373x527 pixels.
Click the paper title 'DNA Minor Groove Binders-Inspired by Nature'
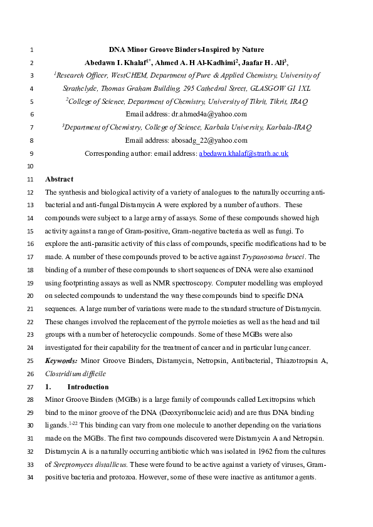pyautogui.click(x=186, y=49)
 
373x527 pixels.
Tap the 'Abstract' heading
pyautogui.click(x=59, y=180)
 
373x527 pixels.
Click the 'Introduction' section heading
pyautogui.click(x=83, y=387)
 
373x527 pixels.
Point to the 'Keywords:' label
pyautogui.click(x=61, y=361)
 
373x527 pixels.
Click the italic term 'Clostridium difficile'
pyautogui.click(x=75, y=374)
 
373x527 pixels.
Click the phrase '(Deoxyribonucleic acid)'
pyautogui.click(x=192, y=413)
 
